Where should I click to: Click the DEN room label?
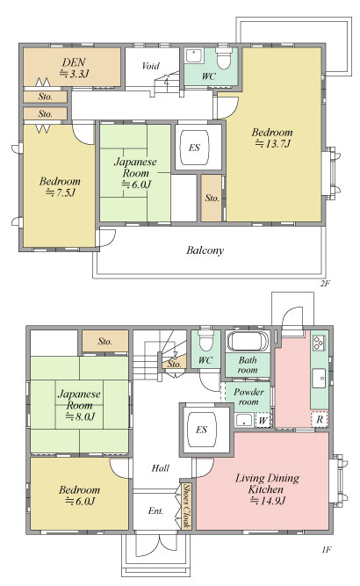point(75,68)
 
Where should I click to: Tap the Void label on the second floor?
point(151,66)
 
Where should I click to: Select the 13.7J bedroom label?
point(272,138)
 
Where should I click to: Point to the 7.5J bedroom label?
point(60,187)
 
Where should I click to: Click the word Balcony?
point(205,250)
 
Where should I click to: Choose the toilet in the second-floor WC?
point(224,58)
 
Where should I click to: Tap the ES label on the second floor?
point(194,148)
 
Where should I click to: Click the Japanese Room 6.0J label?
point(135,173)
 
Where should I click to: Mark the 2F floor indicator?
point(325,283)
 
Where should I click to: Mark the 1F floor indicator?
point(326,550)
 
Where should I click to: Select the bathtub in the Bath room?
point(248,341)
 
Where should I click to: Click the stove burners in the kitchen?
point(319,343)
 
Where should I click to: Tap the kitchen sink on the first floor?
point(320,378)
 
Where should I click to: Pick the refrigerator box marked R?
point(320,419)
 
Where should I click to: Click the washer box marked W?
point(263,421)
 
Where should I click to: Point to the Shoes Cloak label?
point(186,506)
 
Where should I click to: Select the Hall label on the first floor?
point(160,468)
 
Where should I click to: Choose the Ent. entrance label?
point(155,510)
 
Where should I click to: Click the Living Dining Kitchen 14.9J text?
point(268,489)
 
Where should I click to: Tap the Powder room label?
point(248,397)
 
